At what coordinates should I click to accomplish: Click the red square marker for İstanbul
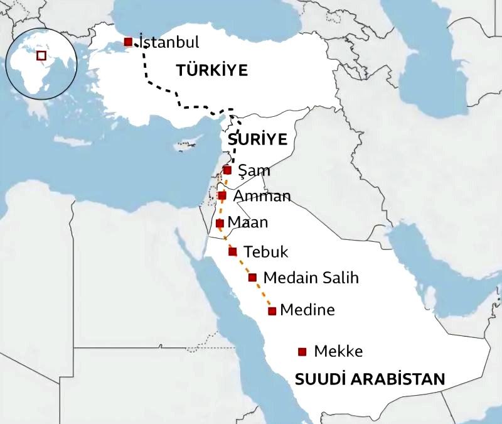click(128, 42)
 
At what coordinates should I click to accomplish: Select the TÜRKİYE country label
click(212, 70)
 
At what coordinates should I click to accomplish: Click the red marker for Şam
click(227, 170)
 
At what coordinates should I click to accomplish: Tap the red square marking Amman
click(222, 195)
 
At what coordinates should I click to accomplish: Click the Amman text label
click(262, 196)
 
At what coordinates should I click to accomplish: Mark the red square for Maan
click(220, 223)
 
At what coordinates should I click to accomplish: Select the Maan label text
click(248, 222)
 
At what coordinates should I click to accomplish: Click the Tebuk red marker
click(233, 252)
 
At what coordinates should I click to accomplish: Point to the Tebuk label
click(265, 252)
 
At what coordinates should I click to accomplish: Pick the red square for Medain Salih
click(252, 278)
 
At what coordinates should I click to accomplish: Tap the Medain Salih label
click(311, 278)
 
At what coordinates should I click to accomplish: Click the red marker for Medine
click(272, 311)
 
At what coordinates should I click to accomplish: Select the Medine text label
click(307, 310)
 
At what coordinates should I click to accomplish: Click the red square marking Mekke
click(302, 352)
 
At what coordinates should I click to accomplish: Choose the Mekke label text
click(338, 352)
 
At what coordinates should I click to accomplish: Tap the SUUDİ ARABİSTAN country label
click(370, 379)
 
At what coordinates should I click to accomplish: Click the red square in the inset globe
click(41, 55)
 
